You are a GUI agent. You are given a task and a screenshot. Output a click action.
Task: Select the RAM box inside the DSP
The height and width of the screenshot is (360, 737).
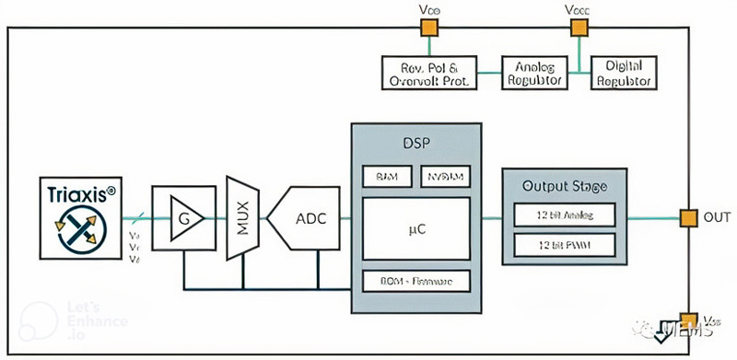tap(381, 175)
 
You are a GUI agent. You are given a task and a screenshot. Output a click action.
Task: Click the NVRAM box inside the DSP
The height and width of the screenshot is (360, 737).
tap(447, 175)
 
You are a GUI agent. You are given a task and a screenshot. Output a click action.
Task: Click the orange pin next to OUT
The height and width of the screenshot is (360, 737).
tap(687, 217)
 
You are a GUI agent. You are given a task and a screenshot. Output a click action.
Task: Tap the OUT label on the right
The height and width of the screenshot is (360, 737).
tap(718, 218)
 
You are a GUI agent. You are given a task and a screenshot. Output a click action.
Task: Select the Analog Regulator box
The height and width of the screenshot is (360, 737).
tap(533, 72)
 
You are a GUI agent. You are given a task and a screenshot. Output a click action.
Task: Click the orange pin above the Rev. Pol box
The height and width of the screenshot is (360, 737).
tap(428, 28)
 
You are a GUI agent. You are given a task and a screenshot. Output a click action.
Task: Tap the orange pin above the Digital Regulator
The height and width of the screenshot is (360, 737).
tap(579, 28)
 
